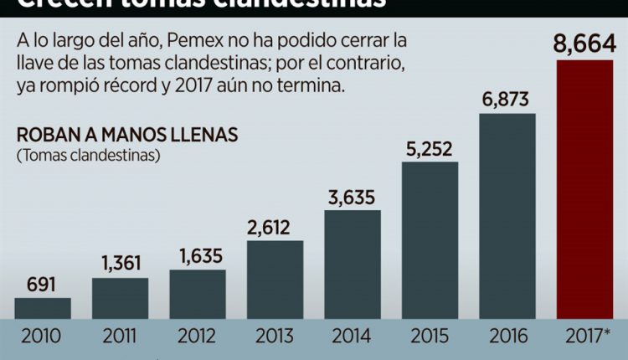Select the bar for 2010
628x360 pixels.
click(x=43, y=308)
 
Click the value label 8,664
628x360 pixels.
click(x=584, y=43)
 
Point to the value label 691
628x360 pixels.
click(x=42, y=285)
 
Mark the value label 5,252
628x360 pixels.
click(x=430, y=149)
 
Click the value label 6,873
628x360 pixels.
click(x=507, y=100)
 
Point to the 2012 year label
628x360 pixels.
click(x=198, y=337)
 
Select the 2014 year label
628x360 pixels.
click(x=352, y=337)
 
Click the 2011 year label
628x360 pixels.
click(x=120, y=337)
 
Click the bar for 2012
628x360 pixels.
click(x=198, y=294)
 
